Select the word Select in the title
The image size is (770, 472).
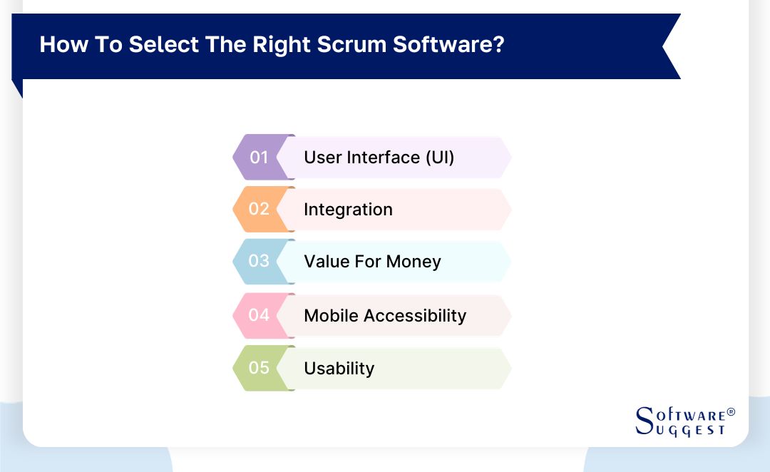click(x=165, y=44)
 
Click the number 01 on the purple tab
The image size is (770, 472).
click(x=259, y=157)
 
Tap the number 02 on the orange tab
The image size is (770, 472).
click(x=259, y=209)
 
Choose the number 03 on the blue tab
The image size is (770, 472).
click(x=259, y=261)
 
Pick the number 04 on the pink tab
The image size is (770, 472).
click(x=259, y=315)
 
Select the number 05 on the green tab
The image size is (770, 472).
click(x=259, y=368)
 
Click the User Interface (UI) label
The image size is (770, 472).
click(x=379, y=157)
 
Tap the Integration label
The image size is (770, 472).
click(x=348, y=210)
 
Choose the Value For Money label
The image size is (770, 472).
click(x=372, y=262)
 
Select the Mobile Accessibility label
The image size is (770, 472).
click(x=385, y=315)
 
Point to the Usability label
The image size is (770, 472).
click(x=339, y=369)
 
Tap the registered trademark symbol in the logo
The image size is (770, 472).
click(x=730, y=412)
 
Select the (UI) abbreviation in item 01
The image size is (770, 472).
click(x=440, y=157)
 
